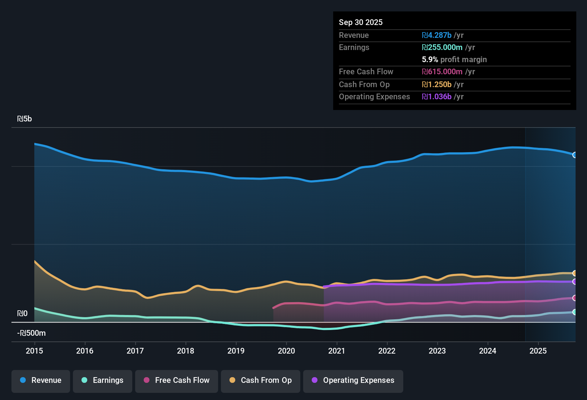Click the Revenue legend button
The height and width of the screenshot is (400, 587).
tap(41, 381)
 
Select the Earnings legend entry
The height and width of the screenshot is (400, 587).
tap(103, 381)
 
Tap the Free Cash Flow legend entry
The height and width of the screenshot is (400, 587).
tap(177, 381)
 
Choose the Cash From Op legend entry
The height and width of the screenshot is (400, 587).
tap(261, 381)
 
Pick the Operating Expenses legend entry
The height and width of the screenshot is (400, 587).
tap(353, 381)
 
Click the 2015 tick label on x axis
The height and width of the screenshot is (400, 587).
tap(34, 351)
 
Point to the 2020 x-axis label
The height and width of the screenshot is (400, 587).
tap(286, 351)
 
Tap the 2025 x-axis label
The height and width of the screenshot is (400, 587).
tap(538, 351)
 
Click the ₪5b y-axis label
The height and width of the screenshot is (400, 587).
tap(24, 119)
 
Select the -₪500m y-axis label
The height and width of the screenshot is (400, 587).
tap(31, 333)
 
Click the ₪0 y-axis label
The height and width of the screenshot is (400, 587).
tap(22, 314)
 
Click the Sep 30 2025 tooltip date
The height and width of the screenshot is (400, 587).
tap(361, 22)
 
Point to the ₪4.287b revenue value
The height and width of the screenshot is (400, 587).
tap(436, 35)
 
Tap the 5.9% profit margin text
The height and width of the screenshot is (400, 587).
tap(454, 60)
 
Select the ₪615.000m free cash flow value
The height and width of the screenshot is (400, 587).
tap(442, 72)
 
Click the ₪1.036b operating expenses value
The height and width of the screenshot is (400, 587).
tap(436, 97)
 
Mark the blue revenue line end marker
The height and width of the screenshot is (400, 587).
tap(574, 155)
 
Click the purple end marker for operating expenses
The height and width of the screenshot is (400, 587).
tap(574, 282)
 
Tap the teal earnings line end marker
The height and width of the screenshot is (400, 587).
tap(574, 312)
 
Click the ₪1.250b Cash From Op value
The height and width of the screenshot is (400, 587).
tap(436, 85)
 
